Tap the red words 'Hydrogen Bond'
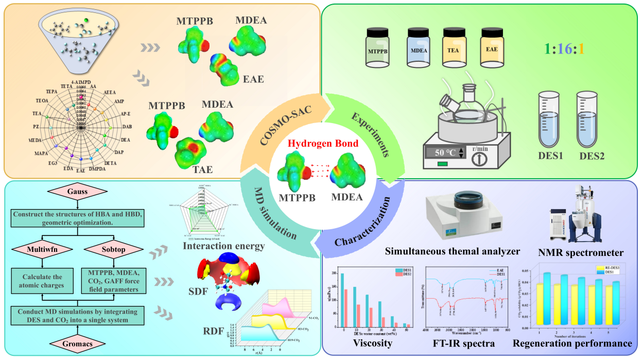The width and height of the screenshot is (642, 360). pos(322,144)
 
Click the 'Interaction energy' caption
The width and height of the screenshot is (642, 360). pos(223,246)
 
